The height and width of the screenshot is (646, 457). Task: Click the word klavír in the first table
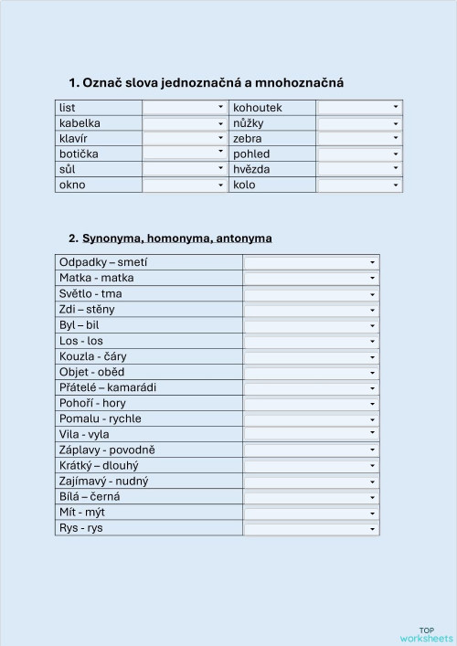pos(72,138)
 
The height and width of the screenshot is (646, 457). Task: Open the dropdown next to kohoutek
pos(359,108)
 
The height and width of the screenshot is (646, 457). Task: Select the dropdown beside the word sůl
pos(184,169)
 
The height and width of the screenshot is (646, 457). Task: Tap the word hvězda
pos(251,169)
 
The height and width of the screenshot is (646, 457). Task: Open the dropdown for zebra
pos(359,138)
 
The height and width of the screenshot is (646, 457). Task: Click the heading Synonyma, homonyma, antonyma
pos(170,238)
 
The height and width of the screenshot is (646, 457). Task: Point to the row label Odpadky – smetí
pos(103,262)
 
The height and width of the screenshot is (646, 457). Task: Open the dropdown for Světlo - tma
pos(311,294)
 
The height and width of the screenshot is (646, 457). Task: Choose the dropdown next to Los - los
pos(311,341)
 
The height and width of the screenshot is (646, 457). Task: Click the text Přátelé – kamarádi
pos(108,387)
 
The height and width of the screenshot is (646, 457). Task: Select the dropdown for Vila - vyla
pos(311,434)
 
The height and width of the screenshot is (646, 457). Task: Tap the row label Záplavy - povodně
pos(107,450)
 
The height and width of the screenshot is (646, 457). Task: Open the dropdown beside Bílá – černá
pos(311,497)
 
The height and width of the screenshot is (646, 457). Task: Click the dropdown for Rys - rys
pos(311,528)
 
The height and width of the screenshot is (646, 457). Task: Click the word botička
pos(79,154)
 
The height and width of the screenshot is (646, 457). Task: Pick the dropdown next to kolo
pos(359,185)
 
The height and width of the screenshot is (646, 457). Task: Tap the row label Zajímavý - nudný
pos(103,481)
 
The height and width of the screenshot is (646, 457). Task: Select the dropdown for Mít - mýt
pos(311,513)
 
